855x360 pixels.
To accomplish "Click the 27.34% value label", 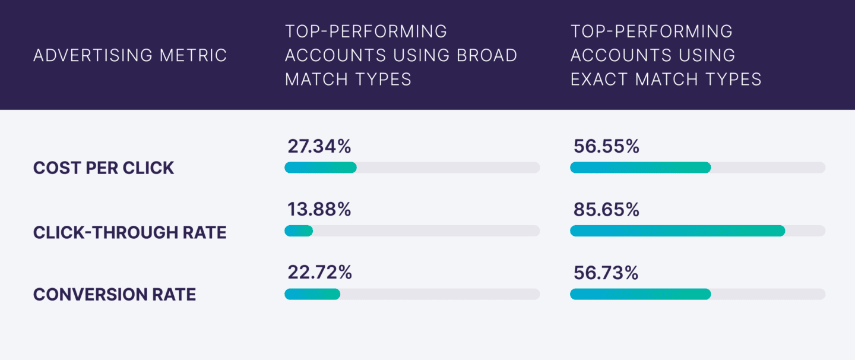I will pyautogui.click(x=319, y=146).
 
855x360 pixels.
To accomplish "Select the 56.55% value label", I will pyautogui.click(x=606, y=146).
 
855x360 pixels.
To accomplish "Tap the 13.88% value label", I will pyautogui.click(x=319, y=209).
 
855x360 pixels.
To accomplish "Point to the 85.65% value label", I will pyautogui.click(x=606, y=209).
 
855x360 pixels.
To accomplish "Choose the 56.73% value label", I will pyautogui.click(x=606, y=273).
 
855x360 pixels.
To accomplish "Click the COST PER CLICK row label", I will pyautogui.click(x=104, y=168).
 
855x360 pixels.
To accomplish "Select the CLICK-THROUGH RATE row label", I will pyautogui.click(x=130, y=232).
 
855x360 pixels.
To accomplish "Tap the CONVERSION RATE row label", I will pyautogui.click(x=115, y=294).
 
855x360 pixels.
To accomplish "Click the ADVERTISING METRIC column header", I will pyautogui.click(x=130, y=55).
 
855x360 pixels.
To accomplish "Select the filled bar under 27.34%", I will pyautogui.click(x=321, y=168).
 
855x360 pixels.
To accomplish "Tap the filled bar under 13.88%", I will pyautogui.click(x=299, y=230).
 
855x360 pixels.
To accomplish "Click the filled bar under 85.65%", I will pyautogui.click(x=677, y=230).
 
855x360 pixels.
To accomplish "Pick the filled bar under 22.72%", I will pyautogui.click(x=312, y=294).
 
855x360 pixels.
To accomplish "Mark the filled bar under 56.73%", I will pyautogui.click(x=640, y=294).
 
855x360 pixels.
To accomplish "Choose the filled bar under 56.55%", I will pyautogui.click(x=640, y=168).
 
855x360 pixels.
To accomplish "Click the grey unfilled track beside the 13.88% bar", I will pyautogui.click(x=426, y=230).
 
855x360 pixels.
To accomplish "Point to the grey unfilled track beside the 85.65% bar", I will pyautogui.click(x=805, y=230).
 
